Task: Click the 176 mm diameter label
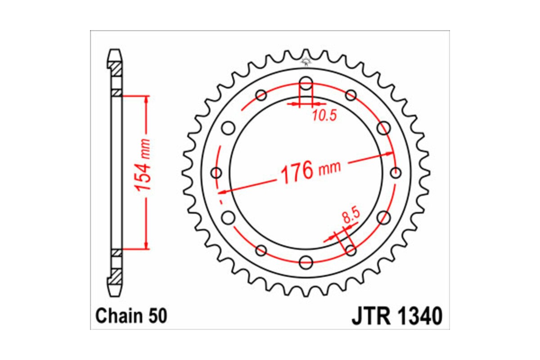pos(310,171)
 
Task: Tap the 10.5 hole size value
pos(324,117)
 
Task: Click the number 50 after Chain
pos(157,316)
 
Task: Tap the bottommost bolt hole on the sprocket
pos(306,261)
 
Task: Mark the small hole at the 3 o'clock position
pos(396,172)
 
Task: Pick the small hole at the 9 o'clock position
pos(217,173)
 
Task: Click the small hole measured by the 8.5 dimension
pos(351,249)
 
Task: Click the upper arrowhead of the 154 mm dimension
pos(145,99)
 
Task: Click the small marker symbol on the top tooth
pos(306,61)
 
